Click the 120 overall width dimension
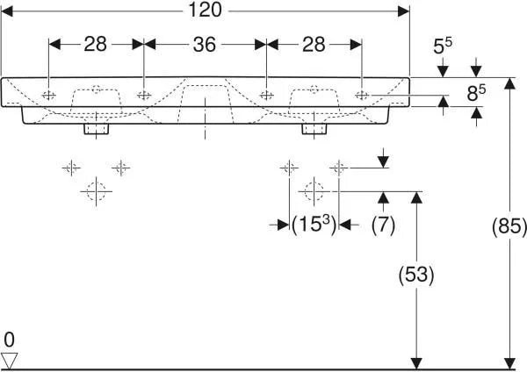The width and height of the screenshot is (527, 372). (205, 10)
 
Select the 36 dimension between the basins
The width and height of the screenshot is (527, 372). (205, 45)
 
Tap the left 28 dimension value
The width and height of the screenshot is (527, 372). (95, 45)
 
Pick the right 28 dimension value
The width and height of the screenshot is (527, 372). (314, 45)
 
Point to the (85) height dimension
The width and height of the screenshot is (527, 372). (509, 225)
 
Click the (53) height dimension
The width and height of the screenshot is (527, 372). (416, 275)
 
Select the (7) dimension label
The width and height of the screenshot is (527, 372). (383, 225)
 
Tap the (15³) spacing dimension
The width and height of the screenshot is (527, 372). (314, 224)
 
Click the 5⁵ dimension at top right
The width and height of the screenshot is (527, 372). (443, 46)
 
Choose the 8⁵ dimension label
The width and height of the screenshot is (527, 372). (476, 93)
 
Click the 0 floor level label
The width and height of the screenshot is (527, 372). (9, 340)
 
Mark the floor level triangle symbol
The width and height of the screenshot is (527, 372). (9, 361)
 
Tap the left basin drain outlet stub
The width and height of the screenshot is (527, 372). (96, 129)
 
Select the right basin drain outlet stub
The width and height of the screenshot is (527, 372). (314, 129)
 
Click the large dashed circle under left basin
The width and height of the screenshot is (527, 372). (96, 192)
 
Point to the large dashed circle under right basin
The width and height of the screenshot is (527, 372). (314, 192)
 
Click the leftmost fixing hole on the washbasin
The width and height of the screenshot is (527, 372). (49, 96)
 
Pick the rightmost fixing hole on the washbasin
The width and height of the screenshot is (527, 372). (362, 96)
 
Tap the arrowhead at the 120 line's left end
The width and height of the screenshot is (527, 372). (7, 11)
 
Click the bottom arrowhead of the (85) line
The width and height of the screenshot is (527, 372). (509, 363)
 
